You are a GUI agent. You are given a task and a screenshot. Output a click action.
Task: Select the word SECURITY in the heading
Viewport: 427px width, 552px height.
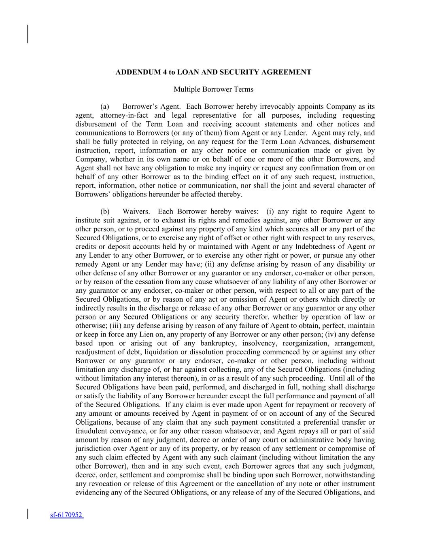point(241,72)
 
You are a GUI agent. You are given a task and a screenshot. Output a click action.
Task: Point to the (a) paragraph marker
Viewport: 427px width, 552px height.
point(105,107)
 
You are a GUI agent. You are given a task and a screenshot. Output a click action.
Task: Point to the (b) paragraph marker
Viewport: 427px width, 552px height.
point(105,211)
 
